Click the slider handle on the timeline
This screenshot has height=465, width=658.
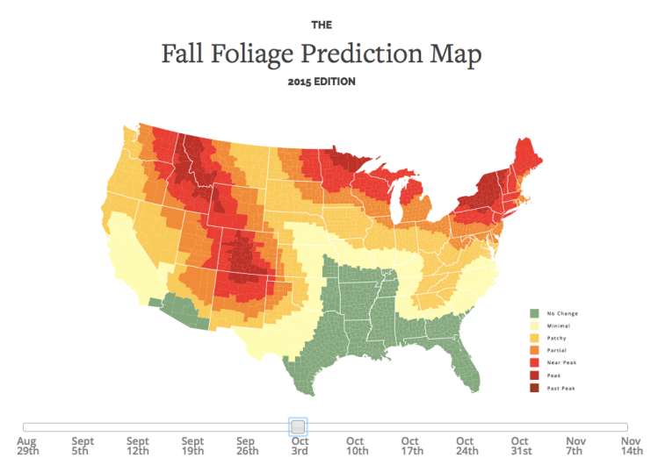298,426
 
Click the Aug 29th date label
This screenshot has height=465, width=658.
26,447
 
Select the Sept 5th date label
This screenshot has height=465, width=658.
83,447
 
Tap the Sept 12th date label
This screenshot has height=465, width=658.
137,447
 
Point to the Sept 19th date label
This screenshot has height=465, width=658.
192,447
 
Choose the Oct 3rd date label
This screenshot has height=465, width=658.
300,447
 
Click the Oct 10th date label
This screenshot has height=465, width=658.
355,447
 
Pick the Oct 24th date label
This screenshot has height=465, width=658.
465,447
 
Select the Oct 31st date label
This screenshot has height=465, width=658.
519,447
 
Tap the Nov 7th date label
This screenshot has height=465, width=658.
575,447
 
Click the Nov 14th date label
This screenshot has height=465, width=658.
631,447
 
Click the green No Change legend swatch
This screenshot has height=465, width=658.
533,313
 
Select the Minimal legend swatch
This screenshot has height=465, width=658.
533,325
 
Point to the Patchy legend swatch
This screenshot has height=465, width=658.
533,338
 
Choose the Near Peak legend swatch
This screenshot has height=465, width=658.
533,362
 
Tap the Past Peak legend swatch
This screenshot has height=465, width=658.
533,387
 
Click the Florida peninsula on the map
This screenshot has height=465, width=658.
466,364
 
